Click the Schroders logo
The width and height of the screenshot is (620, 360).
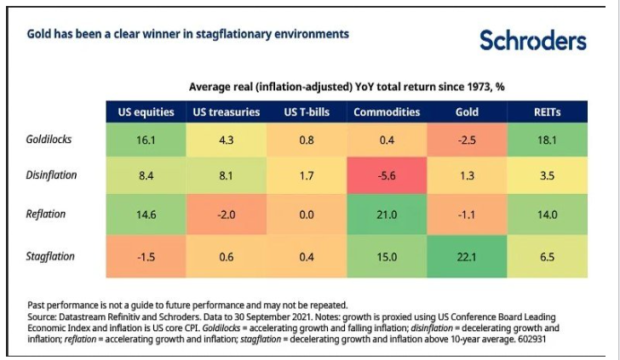click(x=532, y=40)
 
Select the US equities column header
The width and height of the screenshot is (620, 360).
click(x=146, y=111)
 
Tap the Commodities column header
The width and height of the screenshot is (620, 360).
click(x=387, y=111)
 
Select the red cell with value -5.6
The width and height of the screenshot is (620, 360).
click(x=387, y=174)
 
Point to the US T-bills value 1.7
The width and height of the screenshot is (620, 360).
click(x=304, y=174)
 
